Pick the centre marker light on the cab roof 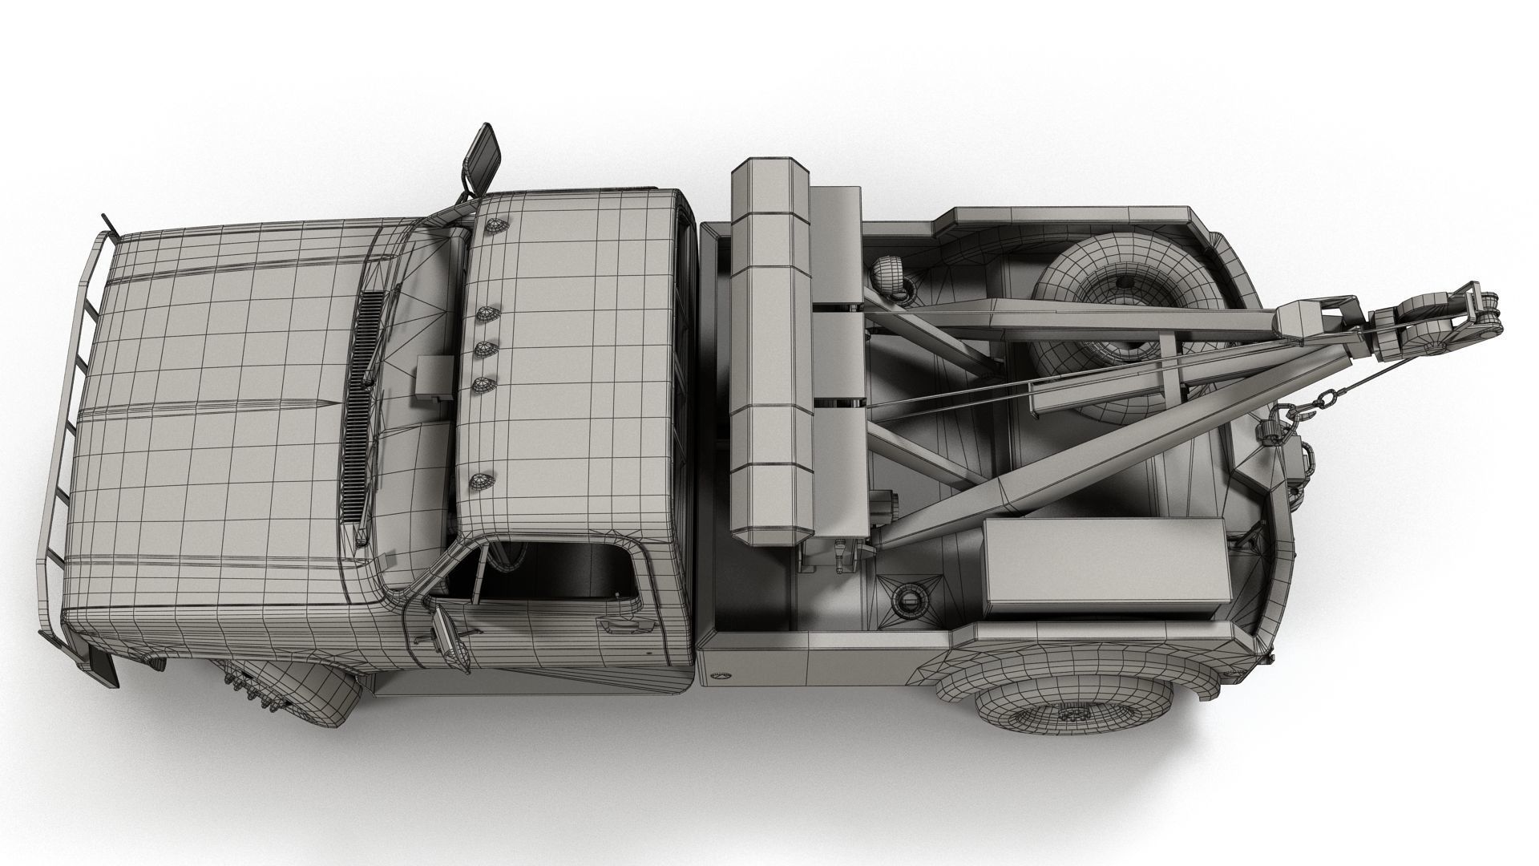[x=483, y=348]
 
